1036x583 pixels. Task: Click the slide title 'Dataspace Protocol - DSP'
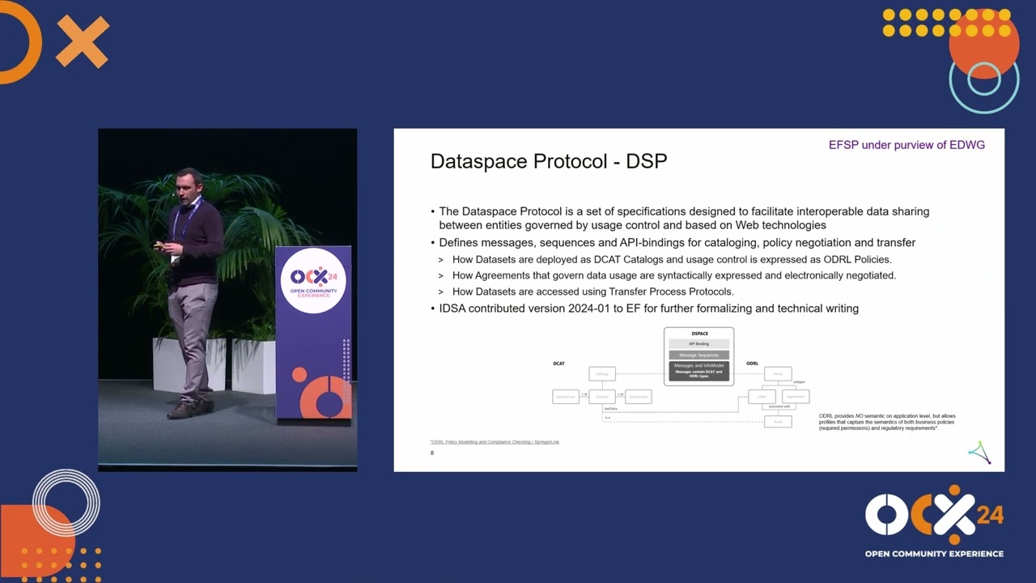click(548, 161)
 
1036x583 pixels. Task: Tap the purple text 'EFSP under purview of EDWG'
click(906, 145)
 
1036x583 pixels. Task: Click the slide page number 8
click(432, 453)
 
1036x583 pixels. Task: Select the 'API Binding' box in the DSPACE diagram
click(698, 344)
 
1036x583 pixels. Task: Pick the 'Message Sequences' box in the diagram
click(698, 355)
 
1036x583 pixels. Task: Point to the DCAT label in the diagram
click(558, 364)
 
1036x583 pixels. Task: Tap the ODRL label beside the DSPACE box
click(752, 364)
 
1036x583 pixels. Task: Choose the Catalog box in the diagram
click(602, 373)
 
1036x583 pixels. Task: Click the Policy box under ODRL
click(778, 373)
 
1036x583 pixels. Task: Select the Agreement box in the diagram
click(796, 397)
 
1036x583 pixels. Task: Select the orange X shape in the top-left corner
click(82, 41)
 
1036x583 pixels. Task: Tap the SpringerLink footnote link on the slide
click(495, 442)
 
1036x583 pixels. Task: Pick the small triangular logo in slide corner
click(979, 453)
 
